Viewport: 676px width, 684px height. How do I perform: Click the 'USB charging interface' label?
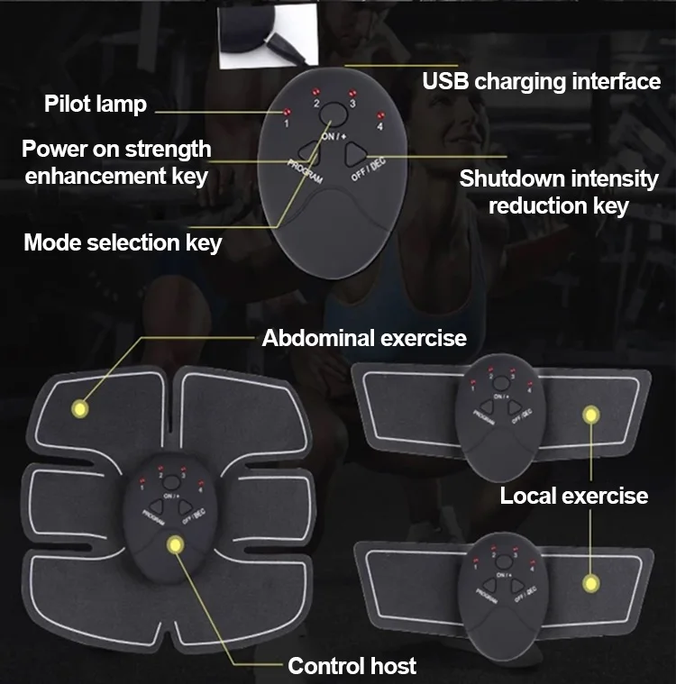542,81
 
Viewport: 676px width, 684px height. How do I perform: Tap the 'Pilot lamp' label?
95,104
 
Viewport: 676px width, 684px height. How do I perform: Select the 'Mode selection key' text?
123,242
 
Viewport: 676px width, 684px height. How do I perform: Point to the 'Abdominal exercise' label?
364,338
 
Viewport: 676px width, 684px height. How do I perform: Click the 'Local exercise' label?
574,495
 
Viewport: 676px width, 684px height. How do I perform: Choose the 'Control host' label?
352,666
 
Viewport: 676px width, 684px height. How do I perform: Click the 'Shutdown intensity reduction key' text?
559,191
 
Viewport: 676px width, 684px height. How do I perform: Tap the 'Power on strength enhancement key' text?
116,161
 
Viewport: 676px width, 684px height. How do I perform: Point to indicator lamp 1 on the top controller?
287,112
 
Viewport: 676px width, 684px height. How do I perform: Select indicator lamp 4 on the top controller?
380,115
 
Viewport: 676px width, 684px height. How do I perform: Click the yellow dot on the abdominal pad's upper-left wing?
80,409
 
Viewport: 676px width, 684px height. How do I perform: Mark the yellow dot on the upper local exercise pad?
591,415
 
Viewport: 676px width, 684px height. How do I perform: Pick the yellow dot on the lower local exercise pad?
590,581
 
